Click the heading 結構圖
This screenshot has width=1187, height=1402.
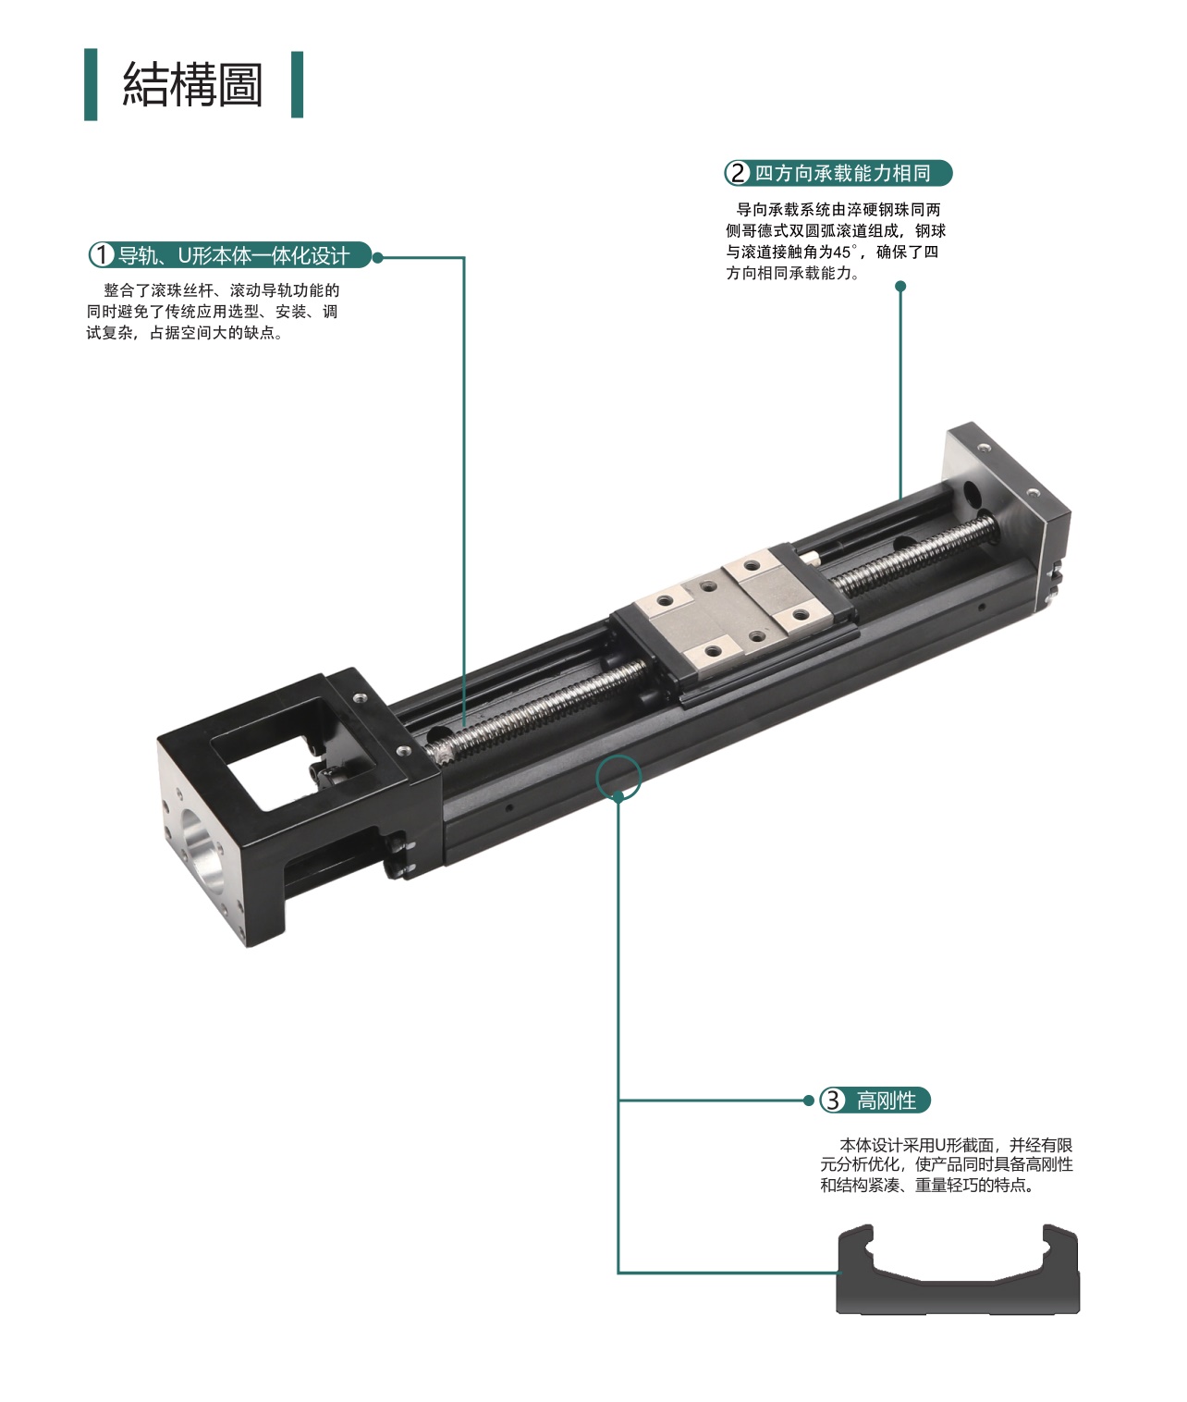point(192,85)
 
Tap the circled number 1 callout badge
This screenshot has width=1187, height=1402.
point(102,256)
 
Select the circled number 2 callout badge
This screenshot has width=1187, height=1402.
point(737,173)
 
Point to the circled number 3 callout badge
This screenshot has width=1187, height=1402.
point(832,1101)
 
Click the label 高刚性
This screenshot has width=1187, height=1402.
point(886,1101)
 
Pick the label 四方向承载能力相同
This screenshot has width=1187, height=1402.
point(842,173)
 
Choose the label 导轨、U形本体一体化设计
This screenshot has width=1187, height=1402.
point(234,256)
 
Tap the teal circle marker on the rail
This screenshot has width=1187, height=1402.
point(618,778)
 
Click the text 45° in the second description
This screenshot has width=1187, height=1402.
point(845,252)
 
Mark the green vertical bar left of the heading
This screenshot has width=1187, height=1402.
point(91,84)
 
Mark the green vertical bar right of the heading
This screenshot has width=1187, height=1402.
point(297,84)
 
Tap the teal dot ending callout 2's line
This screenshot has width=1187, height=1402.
point(900,287)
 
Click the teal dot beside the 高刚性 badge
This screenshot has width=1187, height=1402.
point(808,1101)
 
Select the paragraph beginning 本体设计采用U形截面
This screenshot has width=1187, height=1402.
point(947,1164)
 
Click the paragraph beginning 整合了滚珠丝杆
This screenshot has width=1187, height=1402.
point(213,312)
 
